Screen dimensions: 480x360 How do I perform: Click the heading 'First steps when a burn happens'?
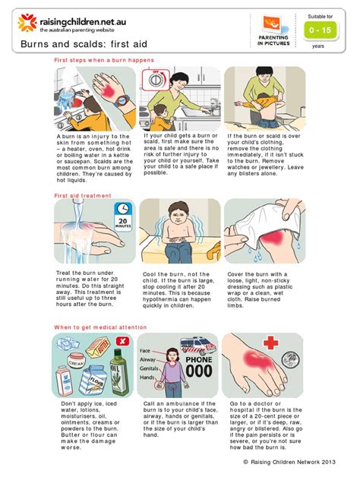click(x=104, y=59)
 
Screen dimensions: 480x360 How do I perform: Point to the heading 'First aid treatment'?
click(x=83, y=194)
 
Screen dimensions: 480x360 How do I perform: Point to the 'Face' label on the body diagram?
click(x=146, y=351)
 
